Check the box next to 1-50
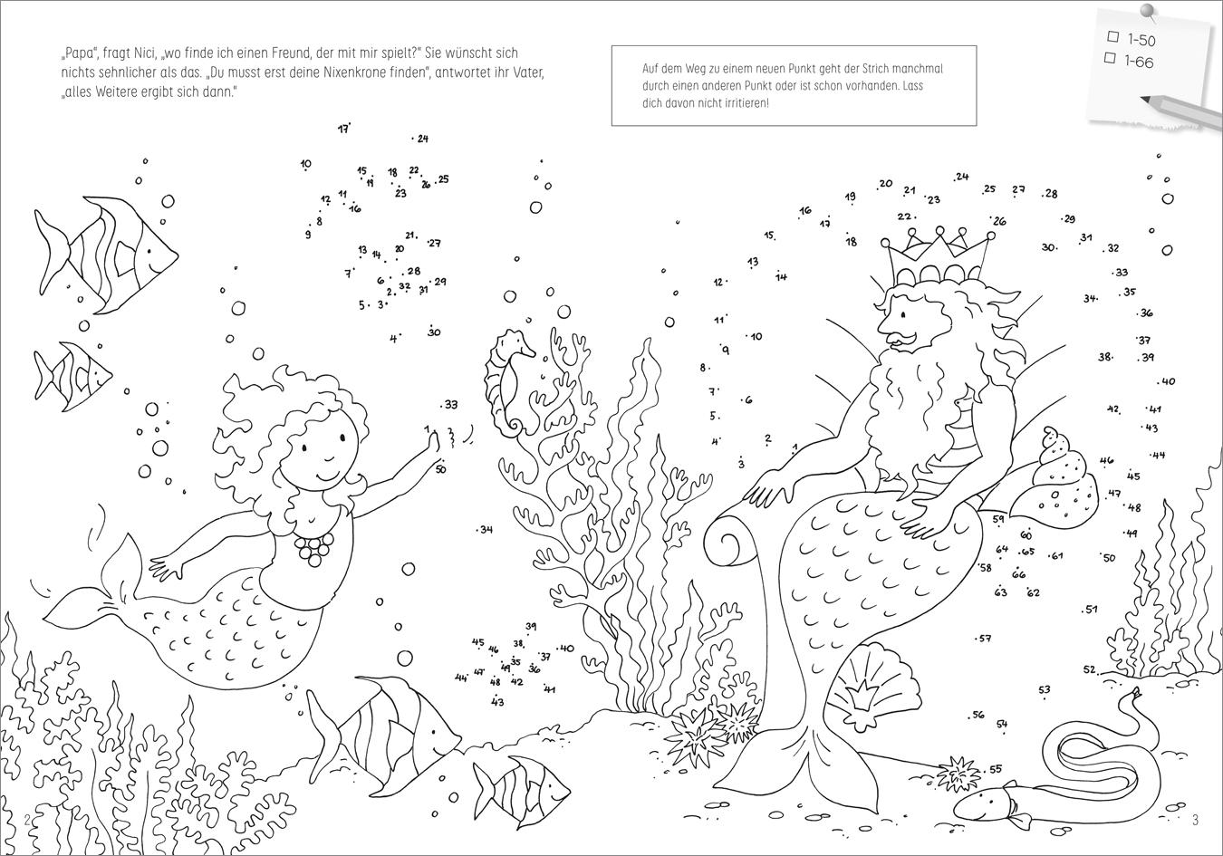(1112, 36)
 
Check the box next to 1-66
(1110, 57)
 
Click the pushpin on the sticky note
(1147, 12)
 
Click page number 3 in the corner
(1195, 820)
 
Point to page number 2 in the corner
(28, 820)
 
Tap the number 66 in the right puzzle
(1019, 573)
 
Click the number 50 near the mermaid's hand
(441, 469)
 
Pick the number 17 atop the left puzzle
(342, 130)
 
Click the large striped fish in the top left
(107, 255)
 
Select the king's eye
(903, 315)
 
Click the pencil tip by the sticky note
(1142, 100)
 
